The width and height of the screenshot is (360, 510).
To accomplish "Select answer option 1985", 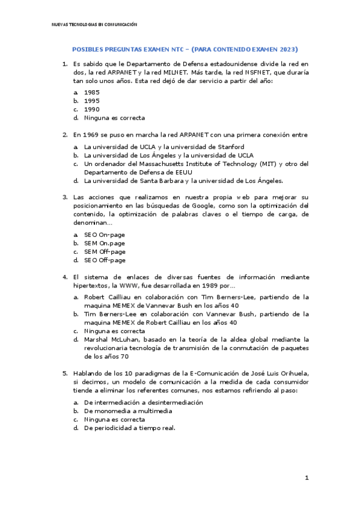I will click(x=92, y=92).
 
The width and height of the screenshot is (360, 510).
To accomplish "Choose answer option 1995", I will click(x=92, y=101).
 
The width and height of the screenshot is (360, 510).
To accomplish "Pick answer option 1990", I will click(x=92, y=109).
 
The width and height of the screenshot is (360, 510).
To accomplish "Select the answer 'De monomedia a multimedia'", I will click(x=128, y=411).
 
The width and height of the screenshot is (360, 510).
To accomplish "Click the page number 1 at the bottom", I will click(x=307, y=478).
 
